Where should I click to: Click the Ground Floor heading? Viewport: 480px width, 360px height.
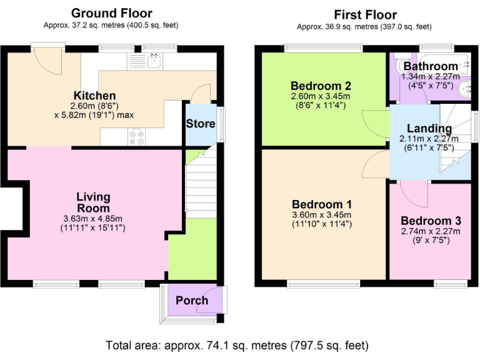(x=111, y=13)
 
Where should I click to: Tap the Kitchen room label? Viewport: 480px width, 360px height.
(x=95, y=96)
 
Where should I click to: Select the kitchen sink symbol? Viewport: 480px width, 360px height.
(x=153, y=61)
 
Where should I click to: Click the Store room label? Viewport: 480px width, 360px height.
(x=200, y=124)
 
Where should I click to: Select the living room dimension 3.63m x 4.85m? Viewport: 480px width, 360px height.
(x=94, y=219)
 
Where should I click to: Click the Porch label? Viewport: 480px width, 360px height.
(x=191, y=301)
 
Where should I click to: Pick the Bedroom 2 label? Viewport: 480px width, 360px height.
(x=321, y=86)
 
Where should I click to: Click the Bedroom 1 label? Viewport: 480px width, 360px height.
(x=322, y=204)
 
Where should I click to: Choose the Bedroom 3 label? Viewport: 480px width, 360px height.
(x=431, y=221)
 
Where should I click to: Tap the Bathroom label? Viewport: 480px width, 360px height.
(x=430, y=66)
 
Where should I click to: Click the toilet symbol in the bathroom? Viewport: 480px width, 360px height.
(x=400, y=64)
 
